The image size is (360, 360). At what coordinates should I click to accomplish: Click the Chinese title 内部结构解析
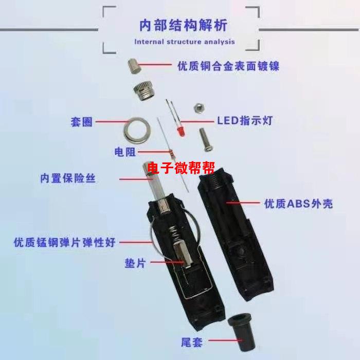point(184,25)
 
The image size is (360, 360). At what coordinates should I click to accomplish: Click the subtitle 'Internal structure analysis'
point(184,42)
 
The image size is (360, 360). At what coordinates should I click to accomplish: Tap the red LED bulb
point(181,132)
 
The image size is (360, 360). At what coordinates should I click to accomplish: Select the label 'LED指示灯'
point(245,120)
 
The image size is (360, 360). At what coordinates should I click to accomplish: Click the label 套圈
point(81,122)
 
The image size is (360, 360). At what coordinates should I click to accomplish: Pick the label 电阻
point(125,152)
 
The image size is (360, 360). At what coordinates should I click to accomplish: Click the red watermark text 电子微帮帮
point(181,168)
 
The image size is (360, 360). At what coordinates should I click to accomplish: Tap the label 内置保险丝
point(68,178)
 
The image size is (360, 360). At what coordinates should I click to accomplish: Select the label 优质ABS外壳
point(298,204)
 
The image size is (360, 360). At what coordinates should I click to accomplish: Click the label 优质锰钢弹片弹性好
point(64,242)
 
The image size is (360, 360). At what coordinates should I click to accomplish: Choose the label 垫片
point(135,263)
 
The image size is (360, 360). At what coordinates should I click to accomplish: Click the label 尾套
point(192,343)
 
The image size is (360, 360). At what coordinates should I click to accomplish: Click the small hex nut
point(199,108)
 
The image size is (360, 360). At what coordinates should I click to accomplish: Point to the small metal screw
point(206,139)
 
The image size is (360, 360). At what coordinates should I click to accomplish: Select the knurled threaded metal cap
point(143,92)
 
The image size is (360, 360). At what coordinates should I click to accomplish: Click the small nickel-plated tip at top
point(134,66)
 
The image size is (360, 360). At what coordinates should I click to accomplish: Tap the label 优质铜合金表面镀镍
point(228,66)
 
